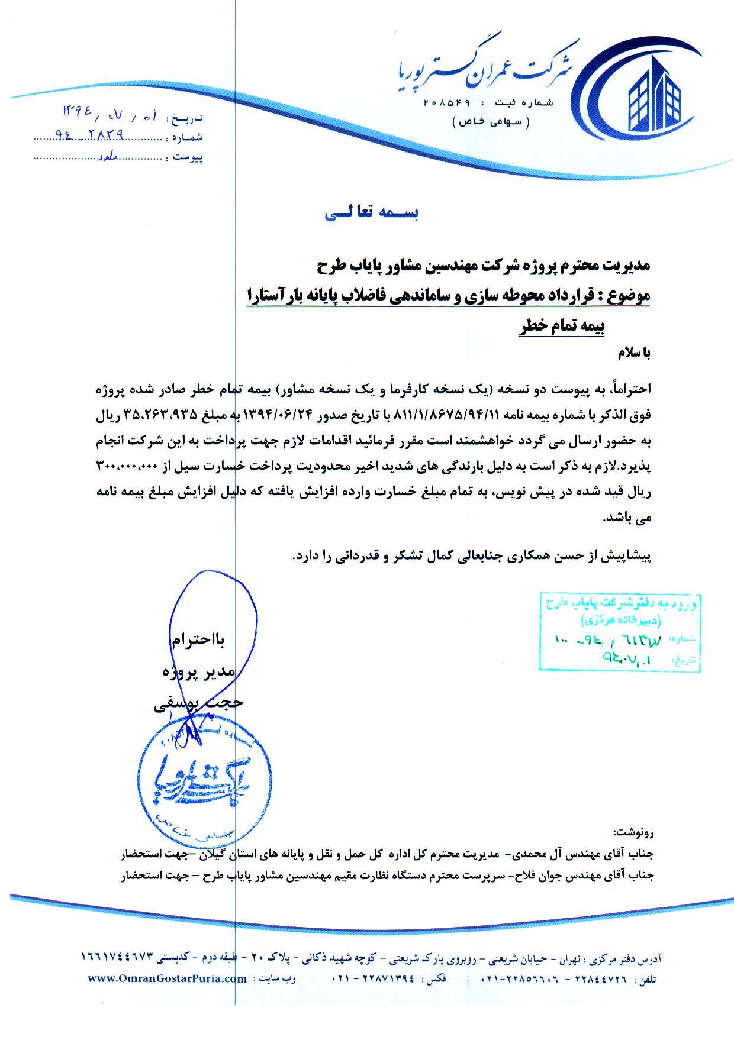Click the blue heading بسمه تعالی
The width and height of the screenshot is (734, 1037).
point(371,213)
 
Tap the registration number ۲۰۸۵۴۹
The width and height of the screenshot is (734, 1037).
point(447,103)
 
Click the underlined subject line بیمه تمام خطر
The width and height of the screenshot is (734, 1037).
point(562,326)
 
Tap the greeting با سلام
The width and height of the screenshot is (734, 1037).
point(634,353)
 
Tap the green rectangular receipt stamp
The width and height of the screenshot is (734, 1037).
point(620,632)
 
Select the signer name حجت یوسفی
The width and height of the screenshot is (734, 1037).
point(198,703)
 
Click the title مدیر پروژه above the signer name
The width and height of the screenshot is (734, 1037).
point(198,671)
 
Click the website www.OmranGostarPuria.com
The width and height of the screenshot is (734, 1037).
point(168,979)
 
